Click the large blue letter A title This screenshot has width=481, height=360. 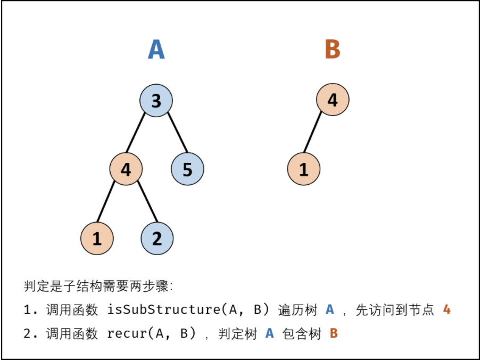tap(156, 50)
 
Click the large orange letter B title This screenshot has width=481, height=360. tap(332, 50)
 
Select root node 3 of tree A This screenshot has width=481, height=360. tap(156, 101)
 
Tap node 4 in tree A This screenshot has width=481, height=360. tap(126, 169)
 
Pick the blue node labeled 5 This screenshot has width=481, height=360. tap(187, 169)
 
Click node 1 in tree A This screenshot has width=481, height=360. tap(97, 238)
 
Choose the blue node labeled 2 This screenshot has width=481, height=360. tap(157, 238)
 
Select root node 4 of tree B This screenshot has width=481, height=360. tap(333, 100)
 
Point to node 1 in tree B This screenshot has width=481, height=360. tap(304, 169)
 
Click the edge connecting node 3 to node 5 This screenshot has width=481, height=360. tap(178, 133)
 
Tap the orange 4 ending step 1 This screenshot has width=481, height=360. tap(447, 309)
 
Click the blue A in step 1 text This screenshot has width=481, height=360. tap(330, 309)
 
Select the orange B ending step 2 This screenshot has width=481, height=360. tap(334, 334)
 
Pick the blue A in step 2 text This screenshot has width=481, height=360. tap(269, 334)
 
